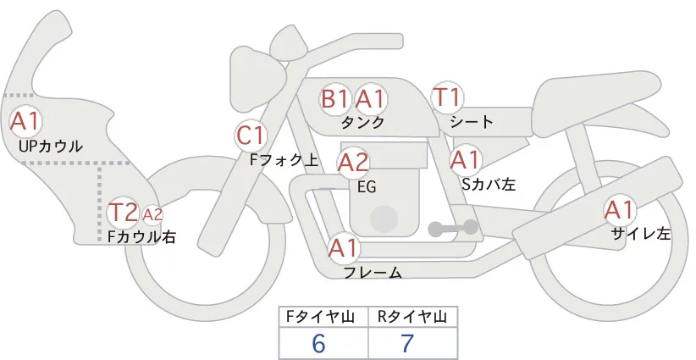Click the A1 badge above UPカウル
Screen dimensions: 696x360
pyautogui.click(x=25, y=120)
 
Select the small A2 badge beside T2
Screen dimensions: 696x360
pyautogui.click(x=152, y=214)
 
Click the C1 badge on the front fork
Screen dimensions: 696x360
pyautogui.click(x=251, y=135)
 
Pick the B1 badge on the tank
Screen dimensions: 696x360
pyautogui.click(x=334, y=99)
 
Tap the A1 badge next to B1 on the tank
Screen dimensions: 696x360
pyautogui.click(x=370, y=99)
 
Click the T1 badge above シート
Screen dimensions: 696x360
pyautogui.click(x=446, y=97)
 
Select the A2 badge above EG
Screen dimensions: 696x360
pyautogui.click(x=353, y=161)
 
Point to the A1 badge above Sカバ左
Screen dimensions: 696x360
pyautogui.click(x=465, y=158)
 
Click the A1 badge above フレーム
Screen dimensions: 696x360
pyautogui.click(x=344, y=248)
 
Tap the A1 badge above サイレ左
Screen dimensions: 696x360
pyautogui.click(x=618, y=209)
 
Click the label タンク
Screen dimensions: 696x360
pyautogui.click(x=362, y=122)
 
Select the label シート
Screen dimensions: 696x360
pyautogui.click(x=472, y=122)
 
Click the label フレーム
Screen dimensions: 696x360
pyautogui.click(x=373, y=273)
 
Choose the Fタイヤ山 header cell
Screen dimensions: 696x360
pyautogui.click(x=323, y=317)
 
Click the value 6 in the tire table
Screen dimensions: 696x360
pyautogui.click(x=318, y=344)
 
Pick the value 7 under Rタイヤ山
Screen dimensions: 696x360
pyautogui.click(x=409, y=344)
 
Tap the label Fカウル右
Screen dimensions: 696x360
pyautogui.click(x=141, y=237)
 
